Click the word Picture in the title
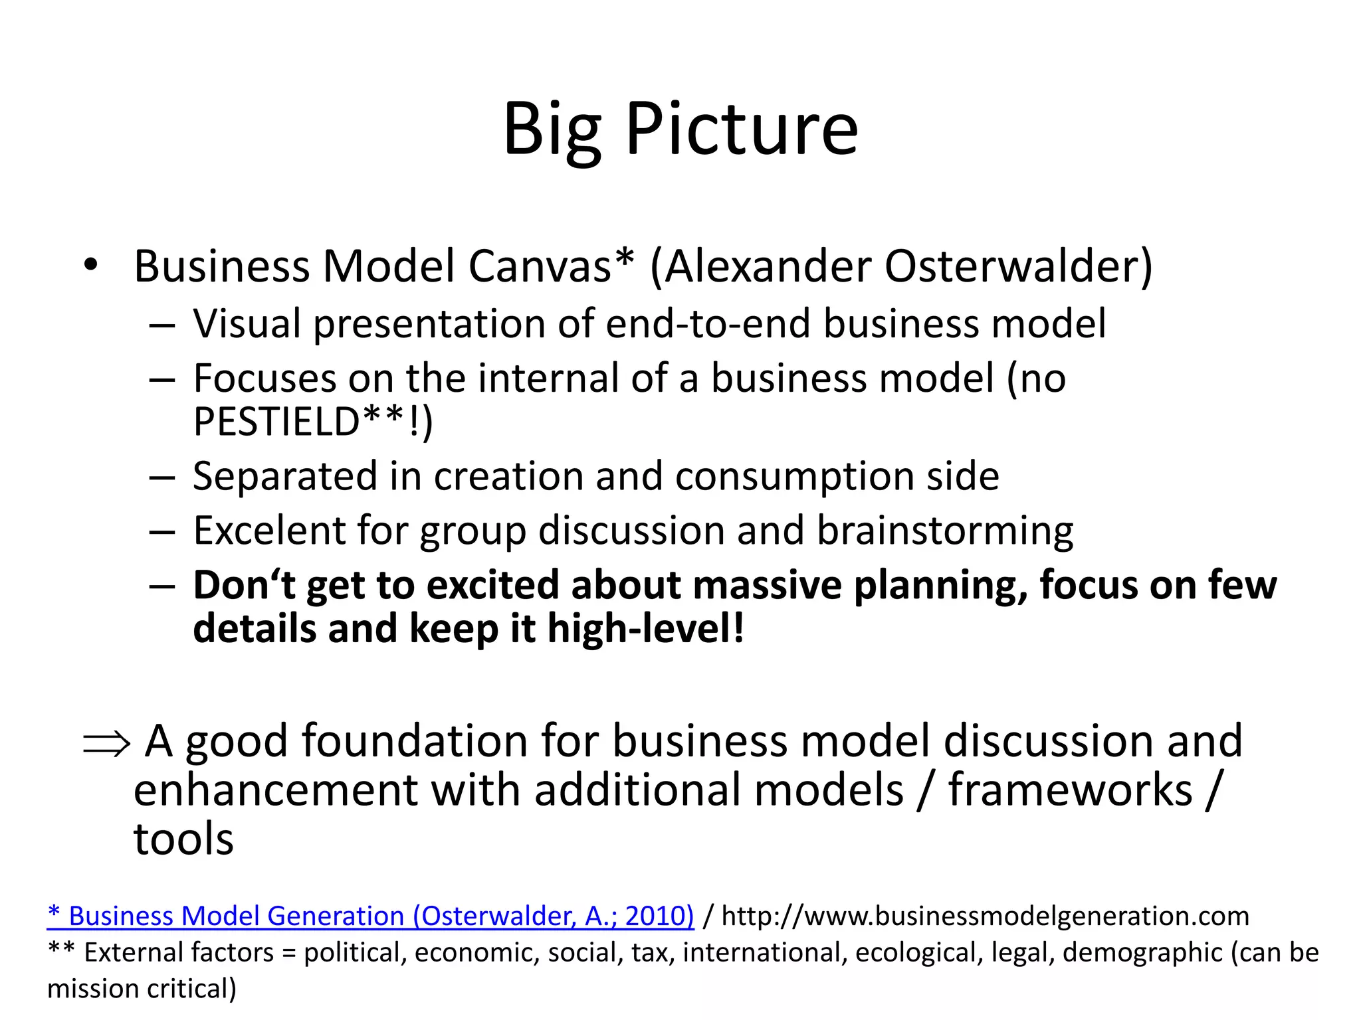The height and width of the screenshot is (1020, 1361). (x=742, y=129)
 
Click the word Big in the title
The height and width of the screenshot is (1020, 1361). (x=552, y=129)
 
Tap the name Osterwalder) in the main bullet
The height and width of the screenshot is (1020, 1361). (x=1018, y=267)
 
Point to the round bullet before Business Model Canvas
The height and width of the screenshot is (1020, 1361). (x=91, y=266)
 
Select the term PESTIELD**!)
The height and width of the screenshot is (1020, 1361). (x=313, y=422)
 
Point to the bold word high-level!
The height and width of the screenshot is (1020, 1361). (x=645, y=629)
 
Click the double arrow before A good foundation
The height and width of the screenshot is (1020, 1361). (x=106, y=744)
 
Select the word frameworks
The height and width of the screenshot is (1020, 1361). (x=1070, y=790)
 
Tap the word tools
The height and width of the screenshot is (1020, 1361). (x=183, y=839)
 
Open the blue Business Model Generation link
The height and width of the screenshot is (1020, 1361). (x=371, y=916)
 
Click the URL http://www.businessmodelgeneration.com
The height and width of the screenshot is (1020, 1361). (x=985, y=916)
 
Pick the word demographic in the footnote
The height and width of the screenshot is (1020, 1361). (x=1142, y=953)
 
